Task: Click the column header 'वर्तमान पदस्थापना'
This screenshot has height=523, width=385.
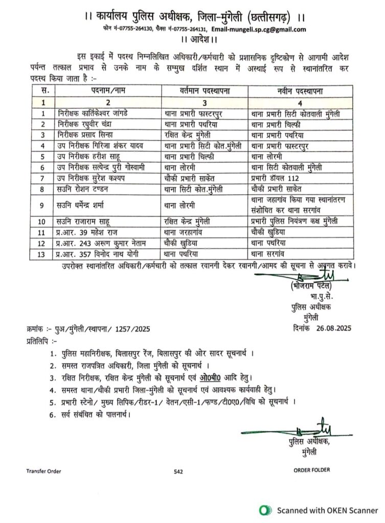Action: click(205, 91)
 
